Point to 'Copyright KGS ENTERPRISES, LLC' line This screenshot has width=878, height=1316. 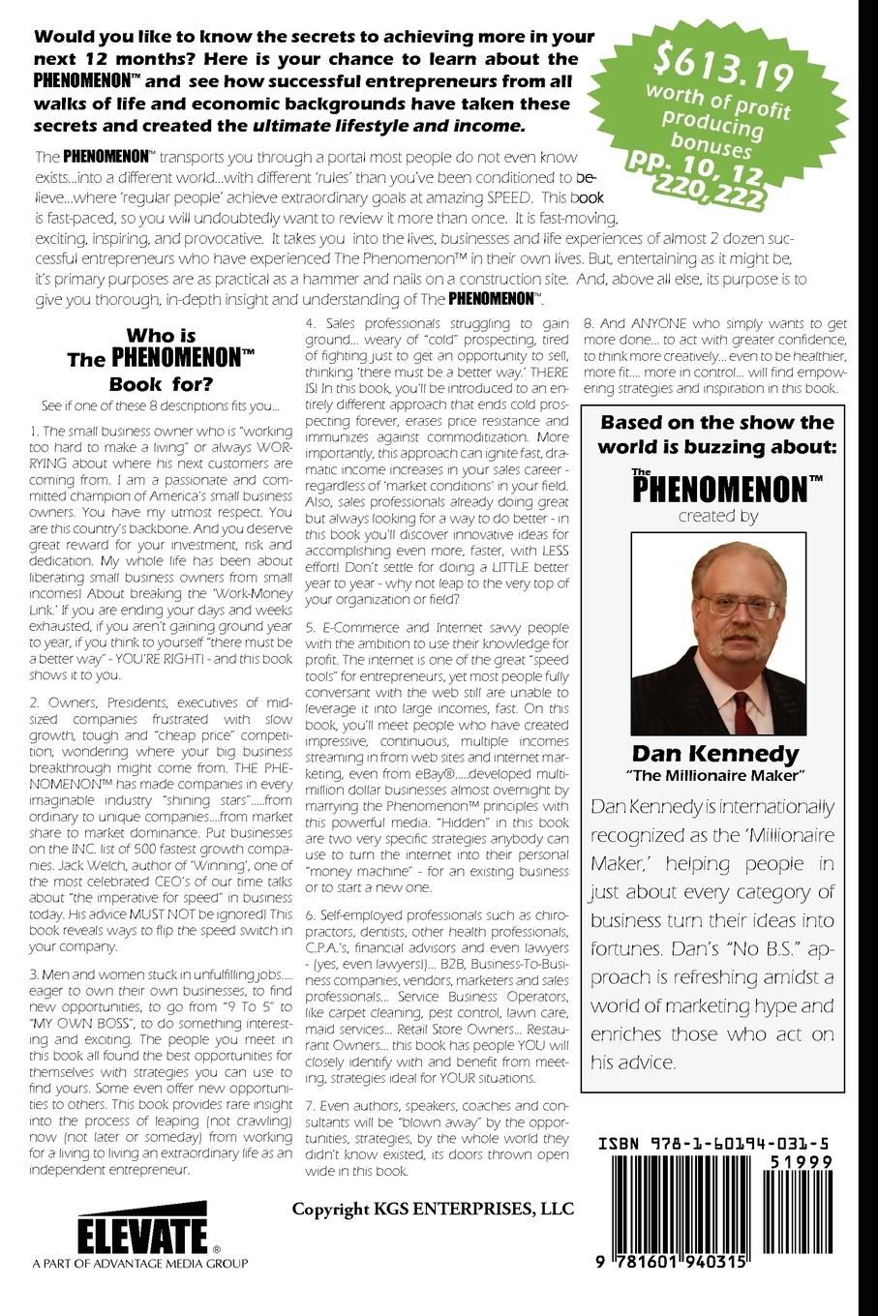click(433, 1209)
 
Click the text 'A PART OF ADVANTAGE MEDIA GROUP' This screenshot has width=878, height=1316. click(139, 1263)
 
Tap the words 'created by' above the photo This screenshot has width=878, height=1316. click(717, 516)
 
